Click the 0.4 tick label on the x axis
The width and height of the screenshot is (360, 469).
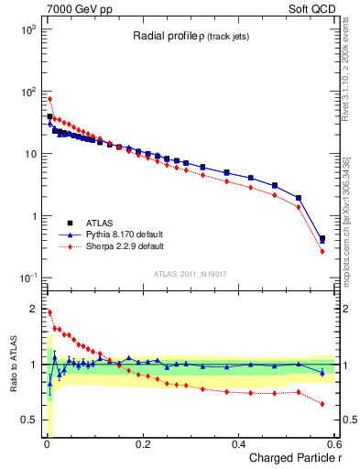coord(238,444)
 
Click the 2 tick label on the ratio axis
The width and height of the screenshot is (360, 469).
coord(31,309)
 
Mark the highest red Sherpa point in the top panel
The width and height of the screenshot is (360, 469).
coord(49,99)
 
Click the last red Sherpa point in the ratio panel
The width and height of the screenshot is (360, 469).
coord(322,403)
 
